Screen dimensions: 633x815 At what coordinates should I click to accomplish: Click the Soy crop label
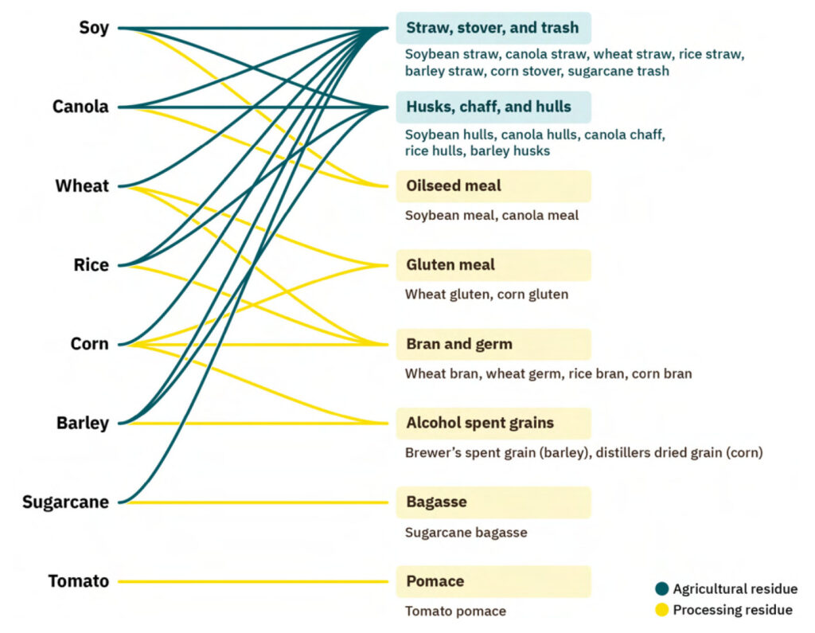(x=93, y=28)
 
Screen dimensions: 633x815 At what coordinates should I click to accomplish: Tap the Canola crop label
(x=80, y=107)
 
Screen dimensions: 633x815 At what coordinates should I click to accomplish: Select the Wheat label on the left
(x=82, y=186)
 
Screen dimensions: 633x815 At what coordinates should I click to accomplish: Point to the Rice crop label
(x=91, y=265)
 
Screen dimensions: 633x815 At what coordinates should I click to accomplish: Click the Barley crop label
(x=82, y=423)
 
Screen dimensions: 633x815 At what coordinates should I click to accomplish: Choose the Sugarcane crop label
(x=65, y=502)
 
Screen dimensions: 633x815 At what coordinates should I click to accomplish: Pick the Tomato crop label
(x=78, y=581)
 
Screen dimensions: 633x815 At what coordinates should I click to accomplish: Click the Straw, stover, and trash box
(x=493, y=28)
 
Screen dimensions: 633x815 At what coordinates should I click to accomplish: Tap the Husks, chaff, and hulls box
(x=493, y=107)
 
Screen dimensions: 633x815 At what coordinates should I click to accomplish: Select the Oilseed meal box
(x=493, y=186)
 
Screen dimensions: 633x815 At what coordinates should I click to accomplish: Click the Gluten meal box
(x=493, y=265)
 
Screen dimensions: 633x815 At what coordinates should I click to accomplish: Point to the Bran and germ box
(x=493, y=344)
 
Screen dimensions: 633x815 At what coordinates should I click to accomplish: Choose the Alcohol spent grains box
(x=493, y=423)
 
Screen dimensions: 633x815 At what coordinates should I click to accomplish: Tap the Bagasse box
(x=493, y=502)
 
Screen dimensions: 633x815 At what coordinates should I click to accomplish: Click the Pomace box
(x=493, y=581)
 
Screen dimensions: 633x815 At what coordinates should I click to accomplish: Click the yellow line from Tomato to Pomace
(x=255, y=582)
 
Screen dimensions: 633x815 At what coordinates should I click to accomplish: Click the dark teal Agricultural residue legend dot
(x=661, y=589)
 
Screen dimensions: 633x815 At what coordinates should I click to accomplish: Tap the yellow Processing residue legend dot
(x=661, y=610)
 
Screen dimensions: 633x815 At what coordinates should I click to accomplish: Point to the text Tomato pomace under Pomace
(x=455, y=612)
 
